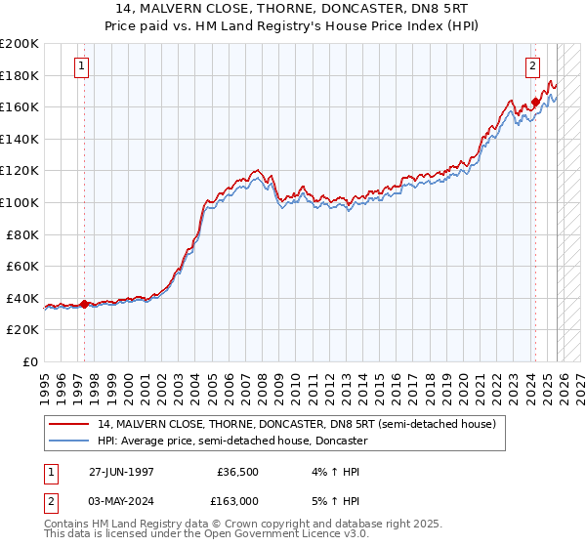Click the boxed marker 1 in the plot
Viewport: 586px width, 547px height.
(x=80, y=66)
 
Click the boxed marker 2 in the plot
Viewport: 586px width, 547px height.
(x=532, y=66)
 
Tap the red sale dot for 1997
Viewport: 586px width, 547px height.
(x=85, y=304)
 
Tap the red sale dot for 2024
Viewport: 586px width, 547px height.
(x=536, y=102)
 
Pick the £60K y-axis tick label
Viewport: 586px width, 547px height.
(x=22, y=267)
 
